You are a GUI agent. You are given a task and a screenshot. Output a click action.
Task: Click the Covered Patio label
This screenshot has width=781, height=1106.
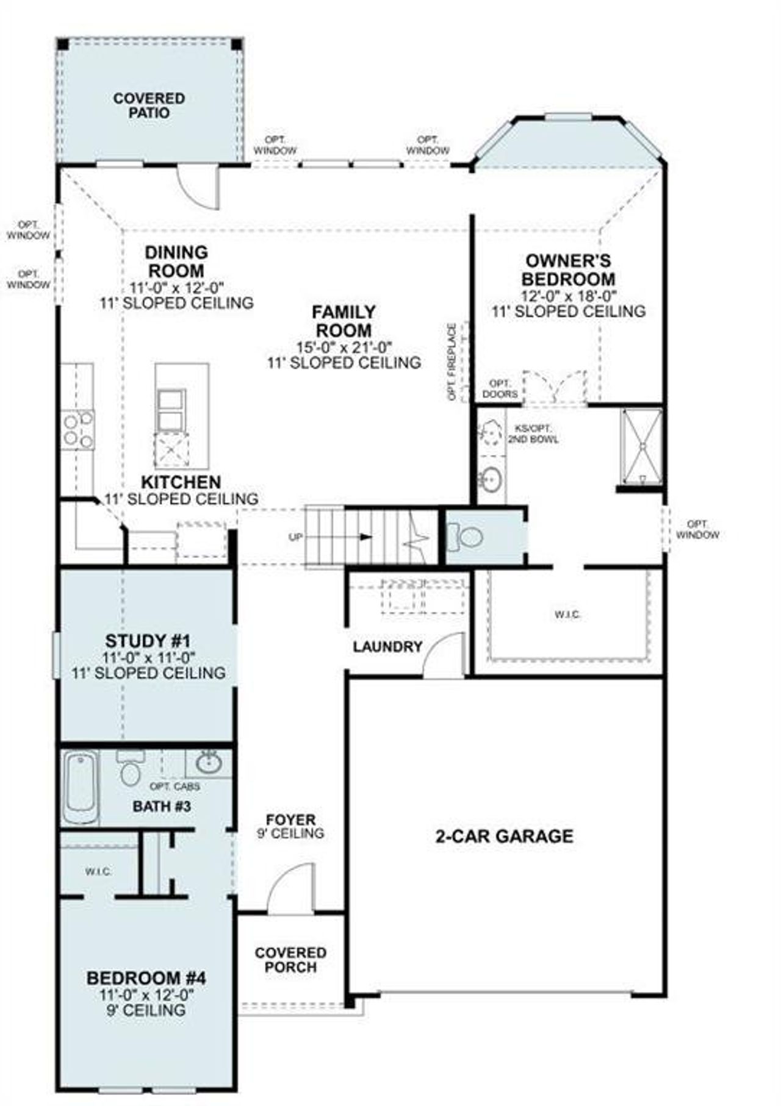coord(149,105)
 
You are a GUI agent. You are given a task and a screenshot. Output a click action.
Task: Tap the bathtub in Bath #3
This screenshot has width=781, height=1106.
coord(81,789)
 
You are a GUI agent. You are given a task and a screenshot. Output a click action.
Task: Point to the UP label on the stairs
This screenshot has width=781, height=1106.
coord(295,537)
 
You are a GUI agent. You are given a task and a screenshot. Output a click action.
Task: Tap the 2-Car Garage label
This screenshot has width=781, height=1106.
coord(504,836)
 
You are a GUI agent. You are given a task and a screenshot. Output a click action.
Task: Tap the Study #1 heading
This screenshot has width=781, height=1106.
coord(148,641)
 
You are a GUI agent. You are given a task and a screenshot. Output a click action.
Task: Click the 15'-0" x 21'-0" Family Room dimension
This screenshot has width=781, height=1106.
coord(344,347)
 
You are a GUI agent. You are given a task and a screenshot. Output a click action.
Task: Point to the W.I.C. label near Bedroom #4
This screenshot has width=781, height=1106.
coord(98,872)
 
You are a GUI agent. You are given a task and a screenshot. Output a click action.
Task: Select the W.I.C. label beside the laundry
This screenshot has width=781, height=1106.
coord(567,615)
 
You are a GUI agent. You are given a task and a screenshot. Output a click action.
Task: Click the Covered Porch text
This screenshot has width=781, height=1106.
coord(290,960)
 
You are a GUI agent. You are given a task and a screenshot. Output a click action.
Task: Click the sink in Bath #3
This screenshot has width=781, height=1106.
coord(209,763)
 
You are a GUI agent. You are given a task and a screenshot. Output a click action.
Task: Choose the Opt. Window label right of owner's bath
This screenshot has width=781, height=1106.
coord(697,529)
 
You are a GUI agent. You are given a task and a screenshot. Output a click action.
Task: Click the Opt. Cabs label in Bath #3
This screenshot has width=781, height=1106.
coord(175,787)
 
